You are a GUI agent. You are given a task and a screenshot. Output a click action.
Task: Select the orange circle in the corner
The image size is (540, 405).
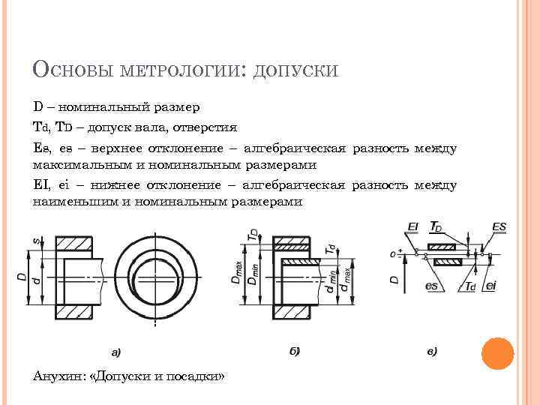click(497, 354)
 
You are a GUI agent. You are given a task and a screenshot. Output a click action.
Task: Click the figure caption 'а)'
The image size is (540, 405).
click(116, 351)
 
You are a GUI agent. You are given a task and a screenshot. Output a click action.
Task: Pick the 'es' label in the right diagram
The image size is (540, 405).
click(431, 286)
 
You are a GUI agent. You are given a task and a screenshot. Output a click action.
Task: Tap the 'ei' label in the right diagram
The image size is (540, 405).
click(490, 286)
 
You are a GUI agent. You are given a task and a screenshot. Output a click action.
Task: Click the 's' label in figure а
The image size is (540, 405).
click(35, 241)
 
